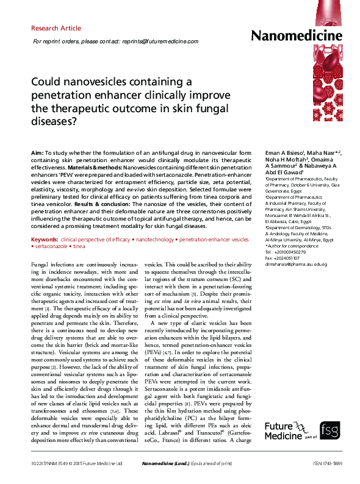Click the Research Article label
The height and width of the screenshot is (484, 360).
click(56, 28)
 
